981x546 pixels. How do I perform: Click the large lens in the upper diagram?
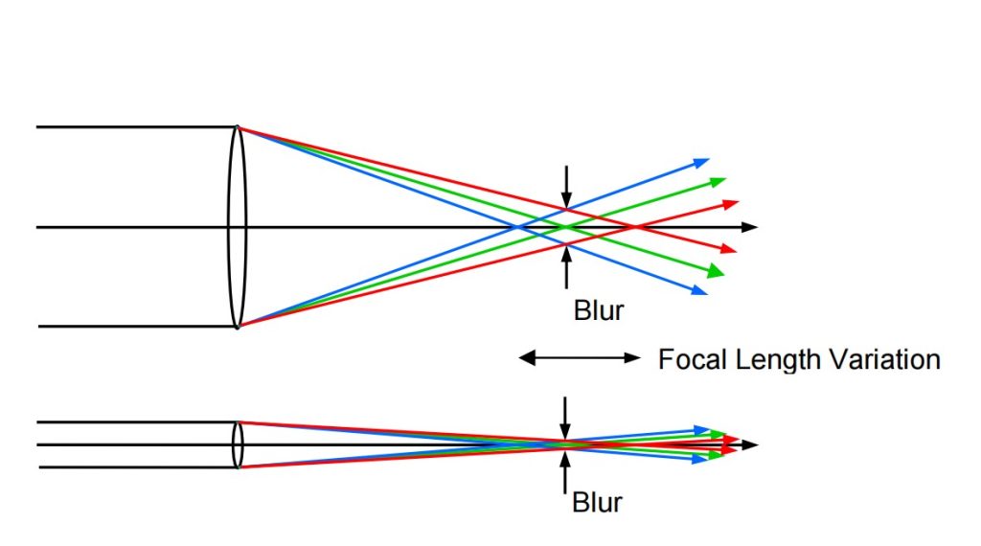(237, 227)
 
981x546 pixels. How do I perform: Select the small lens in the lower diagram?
(238, 444)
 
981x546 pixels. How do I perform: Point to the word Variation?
(882, 360)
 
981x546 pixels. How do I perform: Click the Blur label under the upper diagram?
(599, 310)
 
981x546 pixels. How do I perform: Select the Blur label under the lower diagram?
(599, 502)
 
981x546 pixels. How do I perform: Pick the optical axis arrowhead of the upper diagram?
(750, 227)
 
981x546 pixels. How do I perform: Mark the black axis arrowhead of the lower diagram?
(750, 444)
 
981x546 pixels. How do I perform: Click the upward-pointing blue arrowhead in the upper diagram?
(702, 162)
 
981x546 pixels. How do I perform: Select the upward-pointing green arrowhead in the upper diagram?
(719, 180)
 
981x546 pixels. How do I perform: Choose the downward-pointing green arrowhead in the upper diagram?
(719, 272)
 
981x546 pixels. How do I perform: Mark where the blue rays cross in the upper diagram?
(517, 227)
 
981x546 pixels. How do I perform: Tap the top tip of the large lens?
(237, 127)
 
